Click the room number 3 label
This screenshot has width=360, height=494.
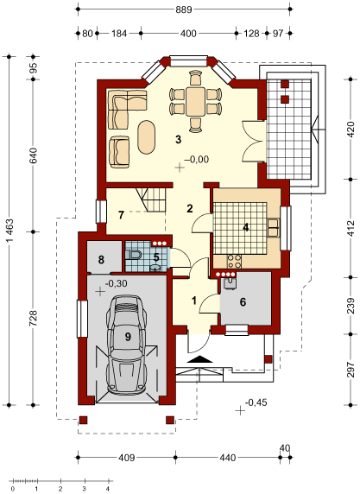click(178, 139)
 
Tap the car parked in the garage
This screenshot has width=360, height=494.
click(127, 345)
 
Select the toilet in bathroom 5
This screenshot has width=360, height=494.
click(133, 254)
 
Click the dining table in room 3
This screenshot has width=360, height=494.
click(195, 102)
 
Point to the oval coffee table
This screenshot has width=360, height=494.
click(147, 136)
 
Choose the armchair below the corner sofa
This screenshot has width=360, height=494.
click(119, 150)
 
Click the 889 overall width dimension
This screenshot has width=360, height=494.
click(184, 9)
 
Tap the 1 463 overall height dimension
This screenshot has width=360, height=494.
click(9, 231)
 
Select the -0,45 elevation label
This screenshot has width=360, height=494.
click(256, 402)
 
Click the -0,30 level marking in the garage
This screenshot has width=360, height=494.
click(116, 283)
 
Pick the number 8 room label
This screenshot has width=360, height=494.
click(101, 260)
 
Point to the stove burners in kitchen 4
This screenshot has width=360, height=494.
click(234, 261)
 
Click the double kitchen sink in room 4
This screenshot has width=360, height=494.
click(273, 227)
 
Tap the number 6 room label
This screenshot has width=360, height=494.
click(243, 301)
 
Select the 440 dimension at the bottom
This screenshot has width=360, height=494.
click(227, 458)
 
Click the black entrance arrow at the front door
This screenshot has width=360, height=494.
click(199, 359)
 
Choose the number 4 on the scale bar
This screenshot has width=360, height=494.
click(108, 490)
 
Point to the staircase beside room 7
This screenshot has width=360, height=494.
click(151, 200)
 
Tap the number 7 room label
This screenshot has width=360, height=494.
click(121, 215)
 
